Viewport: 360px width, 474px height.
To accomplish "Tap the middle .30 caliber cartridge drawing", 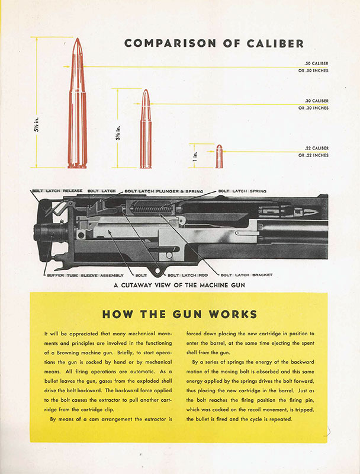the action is pos(146,129).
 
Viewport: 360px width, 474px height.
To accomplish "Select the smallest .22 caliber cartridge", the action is pos(219,156).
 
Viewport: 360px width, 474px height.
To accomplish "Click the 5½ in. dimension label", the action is pos(36,124).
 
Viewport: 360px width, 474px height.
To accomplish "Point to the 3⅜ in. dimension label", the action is pos(118,132).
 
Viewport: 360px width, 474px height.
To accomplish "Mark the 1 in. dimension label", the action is pos(195,156).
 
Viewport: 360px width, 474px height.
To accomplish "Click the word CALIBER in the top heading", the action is pos(275,43).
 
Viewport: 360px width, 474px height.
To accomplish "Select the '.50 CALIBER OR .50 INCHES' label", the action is pos(313,67).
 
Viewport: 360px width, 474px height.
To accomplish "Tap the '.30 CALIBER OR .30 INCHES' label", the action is pos(313,104).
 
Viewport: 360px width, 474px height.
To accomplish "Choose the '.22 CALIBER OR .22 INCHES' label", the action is pos(313,152).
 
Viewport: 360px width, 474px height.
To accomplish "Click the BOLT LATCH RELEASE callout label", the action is pos(57,191).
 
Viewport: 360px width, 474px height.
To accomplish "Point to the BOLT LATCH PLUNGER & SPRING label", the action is pos(163,191).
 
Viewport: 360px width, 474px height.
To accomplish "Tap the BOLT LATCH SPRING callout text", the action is pos(242,191).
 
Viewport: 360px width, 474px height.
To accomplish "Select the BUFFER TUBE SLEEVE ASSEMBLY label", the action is pos(85,276).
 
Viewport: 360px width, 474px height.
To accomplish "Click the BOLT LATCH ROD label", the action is pos(188,276).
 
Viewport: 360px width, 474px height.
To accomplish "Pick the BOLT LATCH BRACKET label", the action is pos(246,275).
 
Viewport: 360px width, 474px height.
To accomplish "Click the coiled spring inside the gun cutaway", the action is pos(152,209).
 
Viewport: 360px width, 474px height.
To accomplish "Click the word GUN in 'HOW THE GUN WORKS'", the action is pos(183,315).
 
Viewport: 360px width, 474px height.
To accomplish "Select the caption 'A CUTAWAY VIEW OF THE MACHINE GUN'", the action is pos(179,285).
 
